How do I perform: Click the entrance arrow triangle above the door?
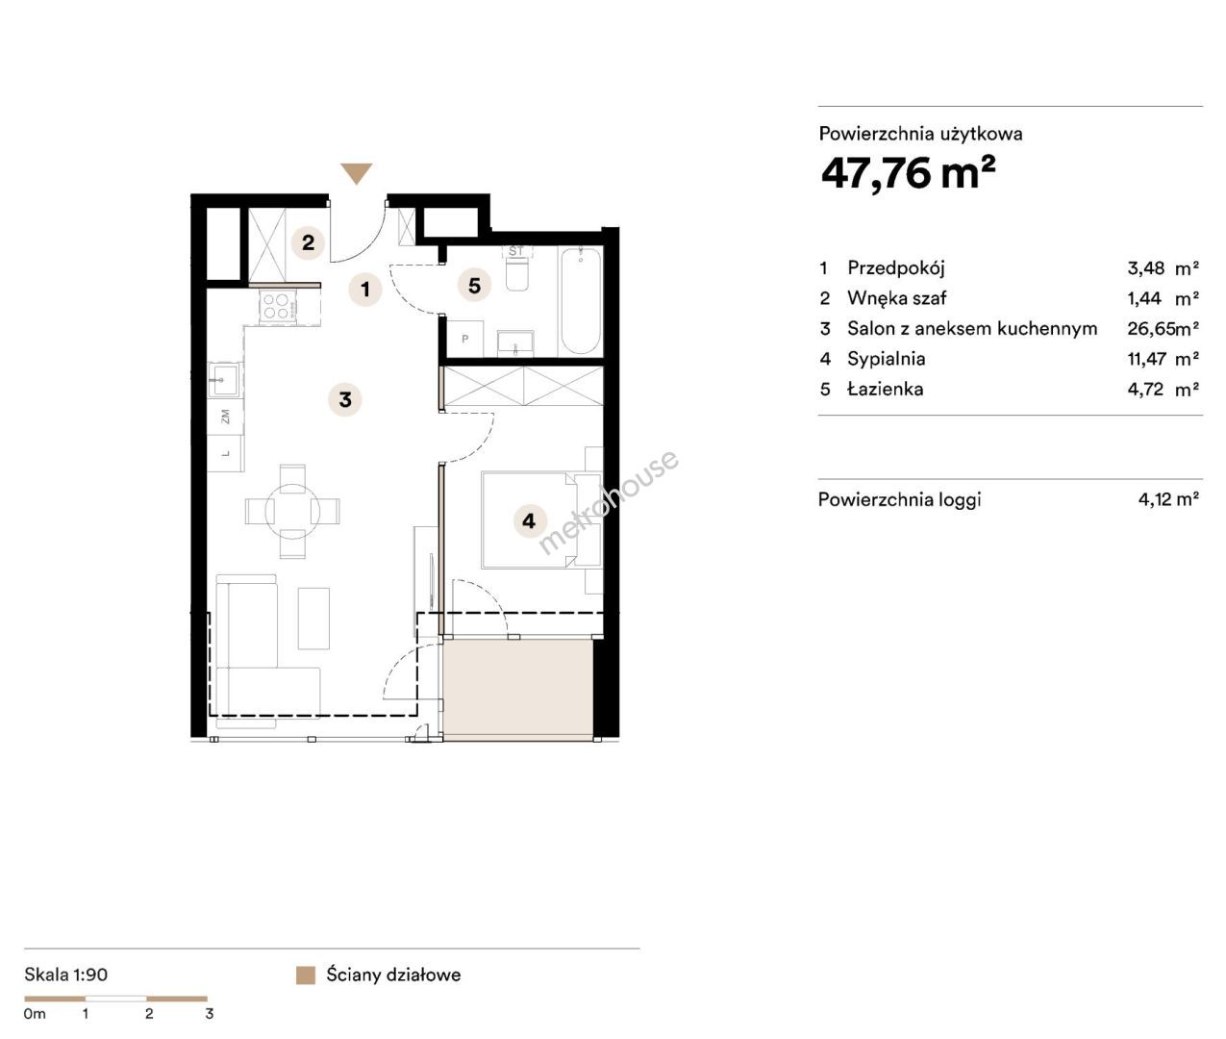click(x=356, y=172)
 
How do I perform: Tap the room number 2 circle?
click(x=308, y=242)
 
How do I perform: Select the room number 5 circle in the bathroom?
click(x=474, y=286)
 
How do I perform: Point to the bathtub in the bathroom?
click(x=581, y=301)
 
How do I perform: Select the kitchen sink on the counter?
click(x=224, y=379)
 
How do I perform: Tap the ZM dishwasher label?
click(x=225, y=416)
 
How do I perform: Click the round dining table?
click(x=292, y=510)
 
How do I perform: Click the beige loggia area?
click(x=517, y=689)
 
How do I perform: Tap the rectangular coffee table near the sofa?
click(x=313, y=619)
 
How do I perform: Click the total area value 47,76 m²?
click(x=908, y=173)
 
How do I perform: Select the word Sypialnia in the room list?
click(x=887, y=359)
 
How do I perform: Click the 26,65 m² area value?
click(x=1163, y=329)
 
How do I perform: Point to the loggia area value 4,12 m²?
click(x=1168, y=499)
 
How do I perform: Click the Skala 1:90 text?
click(x=65, y=975)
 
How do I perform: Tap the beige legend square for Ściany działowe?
click(x=306, y=975)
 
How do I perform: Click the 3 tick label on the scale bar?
click(x=209, y=1013)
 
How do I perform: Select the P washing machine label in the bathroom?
click(x=465, y=340)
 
